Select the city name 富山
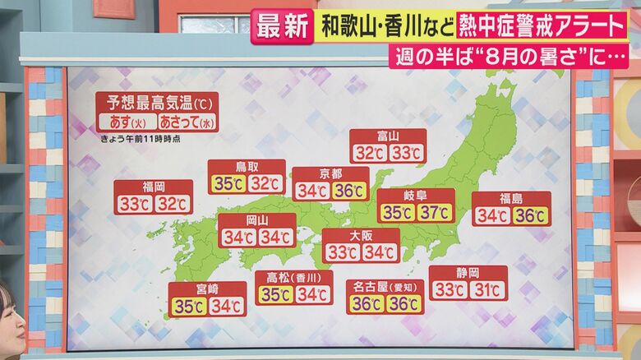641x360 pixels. tap(388, 136)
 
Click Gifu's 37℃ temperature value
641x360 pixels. tap(435, 213)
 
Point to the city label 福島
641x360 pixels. tap(511, 198)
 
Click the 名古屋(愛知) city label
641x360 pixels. tap(385, 286)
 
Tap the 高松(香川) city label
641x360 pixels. tap(294, 277)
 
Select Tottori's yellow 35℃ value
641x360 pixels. tap(227, 183)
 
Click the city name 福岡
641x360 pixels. tap(154, 187)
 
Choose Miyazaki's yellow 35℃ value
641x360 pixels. tap(188, 306)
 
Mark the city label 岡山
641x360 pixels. tap(257, 220)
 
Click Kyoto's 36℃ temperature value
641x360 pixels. tap(349, 191)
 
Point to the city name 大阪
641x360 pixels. tap(361, 235)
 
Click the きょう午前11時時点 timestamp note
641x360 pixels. tap(141, 139)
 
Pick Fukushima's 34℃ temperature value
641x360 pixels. tap(492, 215)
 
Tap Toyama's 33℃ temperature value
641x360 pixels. tap(406, 153)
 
